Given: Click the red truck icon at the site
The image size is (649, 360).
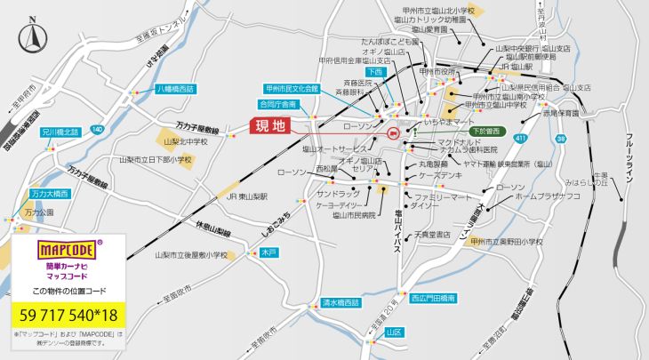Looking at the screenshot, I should [394, 132].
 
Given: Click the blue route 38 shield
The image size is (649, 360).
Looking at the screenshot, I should [561, 140].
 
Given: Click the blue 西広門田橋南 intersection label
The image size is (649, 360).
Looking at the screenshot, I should [433, 298].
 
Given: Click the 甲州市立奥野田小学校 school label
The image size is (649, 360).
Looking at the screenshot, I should [507, 241].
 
